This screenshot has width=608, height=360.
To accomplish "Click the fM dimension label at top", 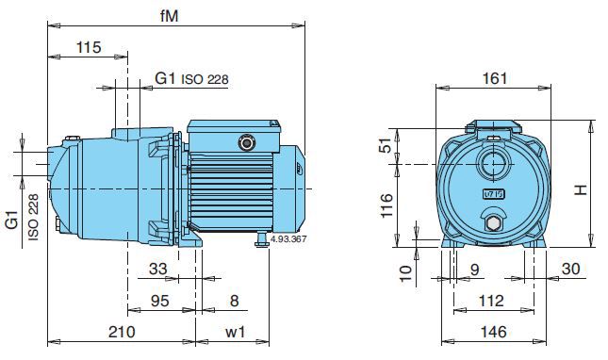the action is click(169, 16).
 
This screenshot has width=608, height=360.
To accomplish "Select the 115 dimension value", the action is click(89, 47).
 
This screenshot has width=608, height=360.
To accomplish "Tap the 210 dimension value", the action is click(122, 332).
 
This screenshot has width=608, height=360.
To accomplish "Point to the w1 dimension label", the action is click(236, 332).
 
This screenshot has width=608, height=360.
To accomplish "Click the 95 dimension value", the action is click(159, 301).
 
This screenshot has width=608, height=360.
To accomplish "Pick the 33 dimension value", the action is click(157, 269).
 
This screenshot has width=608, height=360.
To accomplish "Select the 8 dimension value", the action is click(234, 301).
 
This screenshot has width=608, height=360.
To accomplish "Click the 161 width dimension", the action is click(494, 78).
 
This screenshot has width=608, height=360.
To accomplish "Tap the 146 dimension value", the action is click(493, 332).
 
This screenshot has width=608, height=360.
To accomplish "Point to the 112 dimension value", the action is click(491, 301).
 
